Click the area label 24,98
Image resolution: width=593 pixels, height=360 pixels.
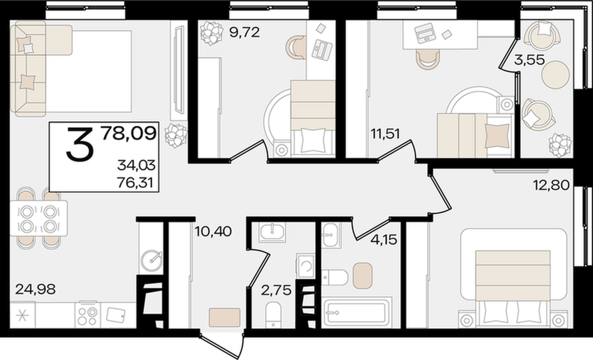tap(36, 289)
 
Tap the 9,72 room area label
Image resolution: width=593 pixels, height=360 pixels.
tap(244, 32)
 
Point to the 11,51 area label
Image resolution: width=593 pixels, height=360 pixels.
tap(385, 134)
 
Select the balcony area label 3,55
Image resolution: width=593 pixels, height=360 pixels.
tap(529, 60)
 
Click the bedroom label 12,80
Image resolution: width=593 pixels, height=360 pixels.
tap(551, 185)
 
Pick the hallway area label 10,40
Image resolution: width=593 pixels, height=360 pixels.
tap(213, 231)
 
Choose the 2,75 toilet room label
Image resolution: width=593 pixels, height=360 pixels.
tap(277, 290)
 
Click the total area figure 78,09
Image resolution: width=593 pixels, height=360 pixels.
tap(128, 133)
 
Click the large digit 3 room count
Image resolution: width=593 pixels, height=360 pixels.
tap(80, 144)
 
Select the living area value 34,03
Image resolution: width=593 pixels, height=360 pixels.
tap(136, 165)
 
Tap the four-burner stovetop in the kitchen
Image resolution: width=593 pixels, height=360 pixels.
tap(88, 315)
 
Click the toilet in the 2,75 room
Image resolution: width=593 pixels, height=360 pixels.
tap(273, 315)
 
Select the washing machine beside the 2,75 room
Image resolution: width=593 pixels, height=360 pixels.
tap(306, 266)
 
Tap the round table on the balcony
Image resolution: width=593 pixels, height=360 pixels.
tap(555, 75)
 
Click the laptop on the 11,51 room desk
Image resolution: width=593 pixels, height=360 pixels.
tap(425, 33)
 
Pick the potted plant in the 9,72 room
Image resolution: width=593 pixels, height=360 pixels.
tap(211, 32)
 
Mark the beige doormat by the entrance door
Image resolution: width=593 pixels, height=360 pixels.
tap(225, 317)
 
